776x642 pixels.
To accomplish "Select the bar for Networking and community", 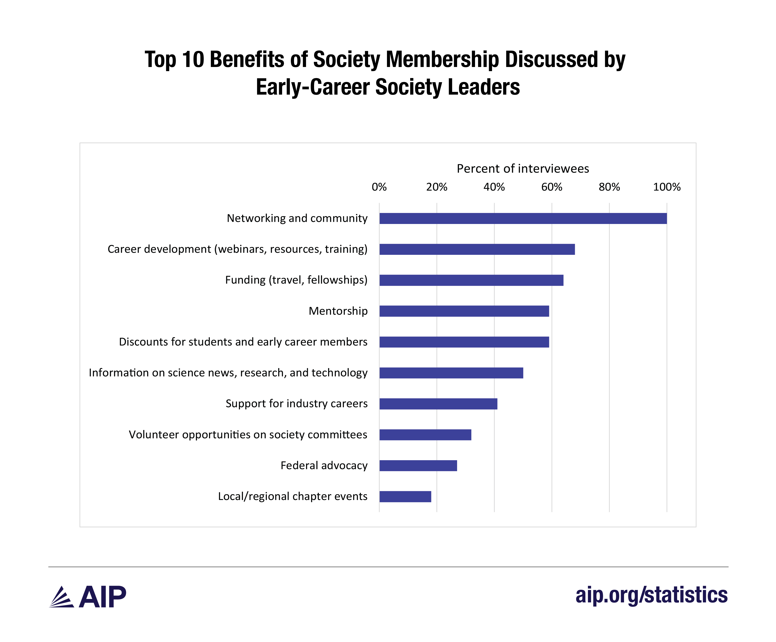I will coord(523,218).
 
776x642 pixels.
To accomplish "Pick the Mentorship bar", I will coord(464,311).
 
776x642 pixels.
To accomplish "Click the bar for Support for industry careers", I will coord(438,404).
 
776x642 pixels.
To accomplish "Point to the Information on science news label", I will coord(228,372).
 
